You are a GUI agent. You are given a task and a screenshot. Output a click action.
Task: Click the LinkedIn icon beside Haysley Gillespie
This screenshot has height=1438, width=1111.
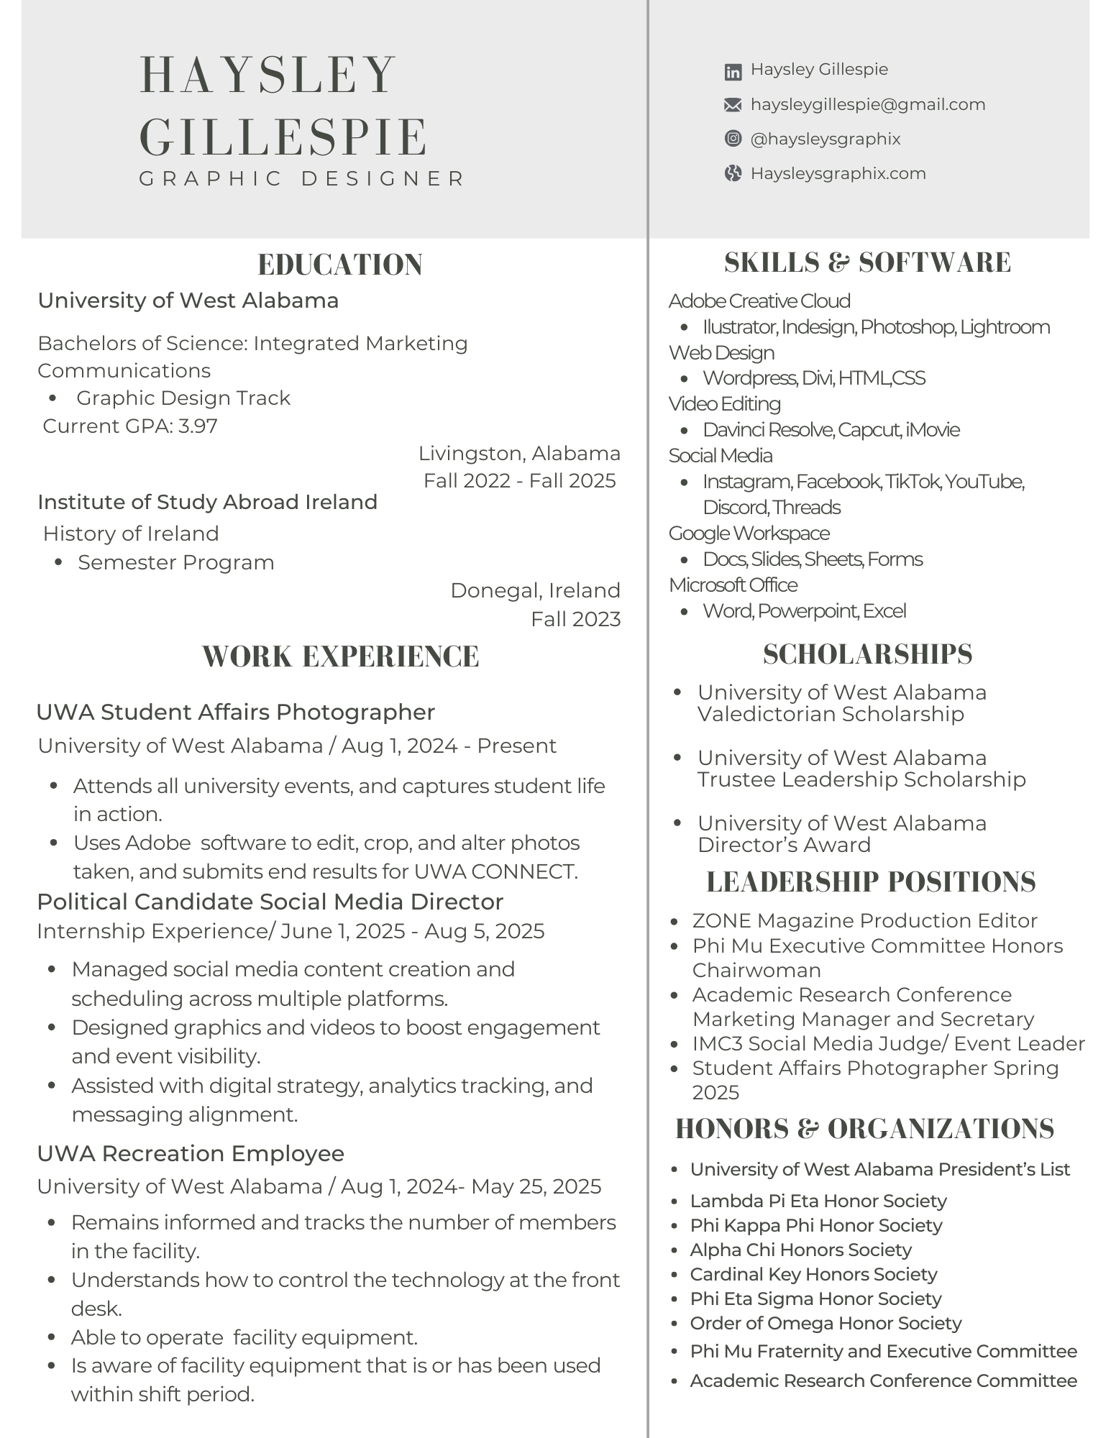coord(732,71)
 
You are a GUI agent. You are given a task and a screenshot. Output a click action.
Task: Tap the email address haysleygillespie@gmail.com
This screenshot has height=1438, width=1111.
coord(867,104)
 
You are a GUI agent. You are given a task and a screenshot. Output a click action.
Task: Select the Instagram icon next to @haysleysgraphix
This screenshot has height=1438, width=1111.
coord(732,139)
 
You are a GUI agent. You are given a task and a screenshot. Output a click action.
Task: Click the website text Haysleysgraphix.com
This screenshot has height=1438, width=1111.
coord(838,173)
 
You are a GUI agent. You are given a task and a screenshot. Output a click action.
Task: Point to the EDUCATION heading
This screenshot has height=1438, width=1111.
coord(340,265)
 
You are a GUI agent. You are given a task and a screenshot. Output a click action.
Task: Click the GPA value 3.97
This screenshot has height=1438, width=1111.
coord(198,426)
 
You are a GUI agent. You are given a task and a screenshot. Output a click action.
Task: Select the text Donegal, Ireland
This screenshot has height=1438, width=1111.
coord(535,590)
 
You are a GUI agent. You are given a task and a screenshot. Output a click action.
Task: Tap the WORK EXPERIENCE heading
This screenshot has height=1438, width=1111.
coord(340,656)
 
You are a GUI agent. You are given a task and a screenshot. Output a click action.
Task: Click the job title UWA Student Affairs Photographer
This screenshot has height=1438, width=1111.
coord(235,712)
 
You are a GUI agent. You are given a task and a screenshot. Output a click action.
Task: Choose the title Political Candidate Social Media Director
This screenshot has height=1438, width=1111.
coord(270,902)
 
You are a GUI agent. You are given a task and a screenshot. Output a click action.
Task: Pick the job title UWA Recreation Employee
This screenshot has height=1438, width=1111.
coord(191,1153)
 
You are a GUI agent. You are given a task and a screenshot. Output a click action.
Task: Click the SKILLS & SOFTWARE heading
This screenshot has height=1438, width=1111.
coord(867,262)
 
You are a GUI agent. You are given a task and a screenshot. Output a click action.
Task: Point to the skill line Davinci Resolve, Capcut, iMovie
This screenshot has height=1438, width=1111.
coord(831,430)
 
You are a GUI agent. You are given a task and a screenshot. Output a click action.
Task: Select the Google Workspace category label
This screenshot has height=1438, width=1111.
coord(749,533)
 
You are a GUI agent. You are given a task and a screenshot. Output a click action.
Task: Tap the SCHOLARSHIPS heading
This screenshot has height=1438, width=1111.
coord(867,654)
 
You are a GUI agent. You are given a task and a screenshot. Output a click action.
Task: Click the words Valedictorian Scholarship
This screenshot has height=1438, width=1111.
coord(831,714)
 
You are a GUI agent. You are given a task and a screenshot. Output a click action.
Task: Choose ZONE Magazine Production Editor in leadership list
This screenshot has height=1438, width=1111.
coord(864,920)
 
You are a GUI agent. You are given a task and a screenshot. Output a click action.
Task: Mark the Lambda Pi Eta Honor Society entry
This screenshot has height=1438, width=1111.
coord(818,1201)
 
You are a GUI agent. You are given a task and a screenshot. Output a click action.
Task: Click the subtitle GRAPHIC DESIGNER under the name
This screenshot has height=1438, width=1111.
coord(302,178)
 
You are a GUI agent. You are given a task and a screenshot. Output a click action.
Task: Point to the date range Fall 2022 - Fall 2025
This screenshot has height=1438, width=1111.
coord(519,480)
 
